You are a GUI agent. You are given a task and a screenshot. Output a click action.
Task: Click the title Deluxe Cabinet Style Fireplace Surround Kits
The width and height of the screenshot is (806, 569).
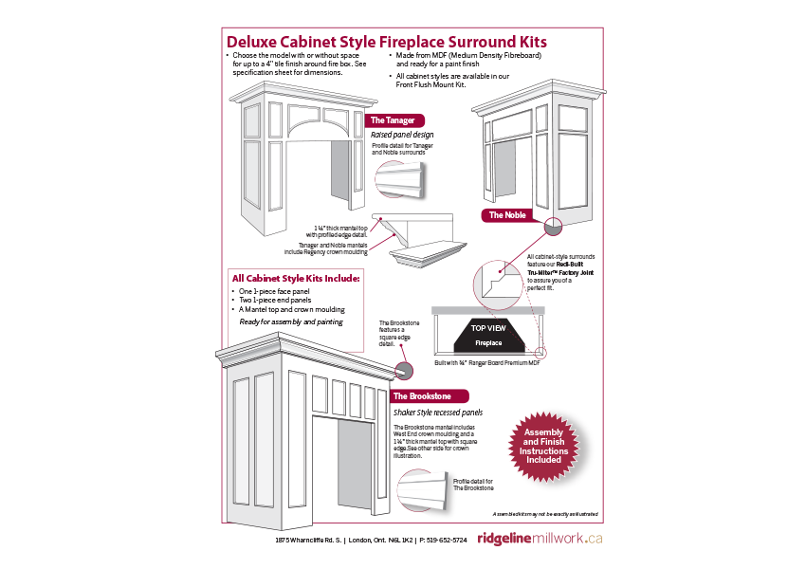[x=386, y=43]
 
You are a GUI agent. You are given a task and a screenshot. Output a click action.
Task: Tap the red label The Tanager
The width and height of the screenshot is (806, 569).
[x=392, y=120]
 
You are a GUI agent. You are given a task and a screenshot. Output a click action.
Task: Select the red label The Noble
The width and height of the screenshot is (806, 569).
[x=507, y=215]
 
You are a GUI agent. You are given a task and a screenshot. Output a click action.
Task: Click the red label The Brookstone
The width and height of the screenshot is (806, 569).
[x=429, y=395]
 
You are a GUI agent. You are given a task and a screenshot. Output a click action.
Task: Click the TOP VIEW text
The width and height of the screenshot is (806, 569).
[x=487, y=328]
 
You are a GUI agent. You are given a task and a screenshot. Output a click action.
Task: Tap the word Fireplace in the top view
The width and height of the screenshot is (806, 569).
[x=487, y=342]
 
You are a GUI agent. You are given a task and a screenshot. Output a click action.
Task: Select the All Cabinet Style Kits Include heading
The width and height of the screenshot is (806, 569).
[x=296, y=279]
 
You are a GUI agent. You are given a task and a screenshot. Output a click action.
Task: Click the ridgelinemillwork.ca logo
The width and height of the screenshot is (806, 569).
[x=540, y=538]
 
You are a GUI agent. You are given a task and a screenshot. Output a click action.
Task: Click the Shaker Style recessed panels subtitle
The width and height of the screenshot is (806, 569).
[x=437, y=413]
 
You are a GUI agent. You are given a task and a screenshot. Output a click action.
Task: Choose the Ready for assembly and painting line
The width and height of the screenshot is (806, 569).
[x=289, y=322]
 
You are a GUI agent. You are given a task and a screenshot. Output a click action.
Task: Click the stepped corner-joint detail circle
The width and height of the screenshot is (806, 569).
[x=497, y=281]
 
